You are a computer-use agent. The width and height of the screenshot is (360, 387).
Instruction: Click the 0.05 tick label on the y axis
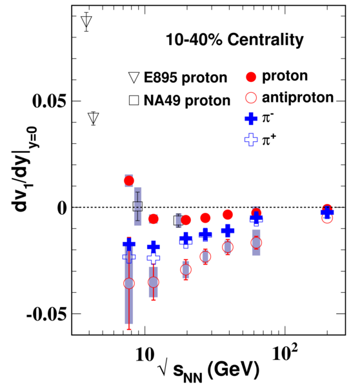coord(49,101)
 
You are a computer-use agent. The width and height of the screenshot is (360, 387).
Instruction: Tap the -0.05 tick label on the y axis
coord(46,314)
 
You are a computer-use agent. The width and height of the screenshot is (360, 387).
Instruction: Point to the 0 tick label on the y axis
coord(62,208)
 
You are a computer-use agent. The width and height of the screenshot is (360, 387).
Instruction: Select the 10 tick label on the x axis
coord(145,355)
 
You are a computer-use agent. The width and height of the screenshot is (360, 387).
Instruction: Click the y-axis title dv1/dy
coord(25,170)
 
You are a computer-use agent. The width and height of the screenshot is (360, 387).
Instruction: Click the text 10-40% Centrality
coord(235,39)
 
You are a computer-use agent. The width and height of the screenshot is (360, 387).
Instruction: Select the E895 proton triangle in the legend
coord(134,77)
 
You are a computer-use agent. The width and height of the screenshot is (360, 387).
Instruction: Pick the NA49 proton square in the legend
coord(134,101)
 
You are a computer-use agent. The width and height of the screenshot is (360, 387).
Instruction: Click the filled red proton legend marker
coord(251,77)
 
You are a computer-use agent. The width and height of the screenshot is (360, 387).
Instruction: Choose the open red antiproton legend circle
coord(251,97)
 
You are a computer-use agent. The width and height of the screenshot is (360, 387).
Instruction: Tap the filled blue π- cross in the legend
coord(251,119)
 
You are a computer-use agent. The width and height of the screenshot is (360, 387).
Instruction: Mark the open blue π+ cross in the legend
coord(251,140)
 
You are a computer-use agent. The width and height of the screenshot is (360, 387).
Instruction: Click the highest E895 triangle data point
coord(86,21)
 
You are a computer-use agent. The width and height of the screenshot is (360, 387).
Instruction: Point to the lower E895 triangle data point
coord(94,117)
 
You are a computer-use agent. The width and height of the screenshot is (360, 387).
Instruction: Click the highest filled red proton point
coord(129,181)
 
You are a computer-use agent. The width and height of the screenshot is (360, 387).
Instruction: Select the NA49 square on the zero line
coord(138,206)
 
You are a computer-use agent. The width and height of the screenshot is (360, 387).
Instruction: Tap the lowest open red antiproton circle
coord(129,283)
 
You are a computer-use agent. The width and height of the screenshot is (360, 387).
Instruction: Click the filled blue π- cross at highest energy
coord(327,212)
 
